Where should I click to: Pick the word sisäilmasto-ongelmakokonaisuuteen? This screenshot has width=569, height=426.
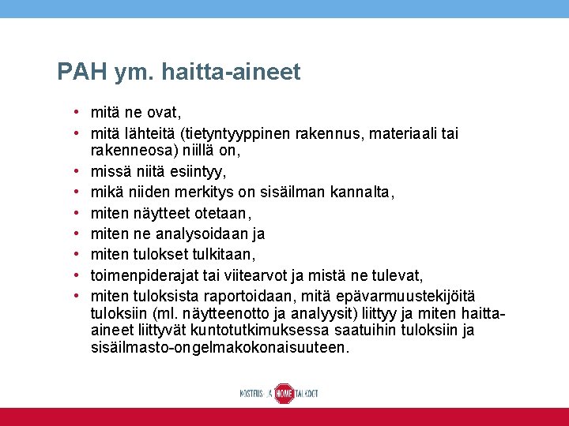(218, 348)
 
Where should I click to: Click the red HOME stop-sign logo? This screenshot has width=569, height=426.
(284, 393)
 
